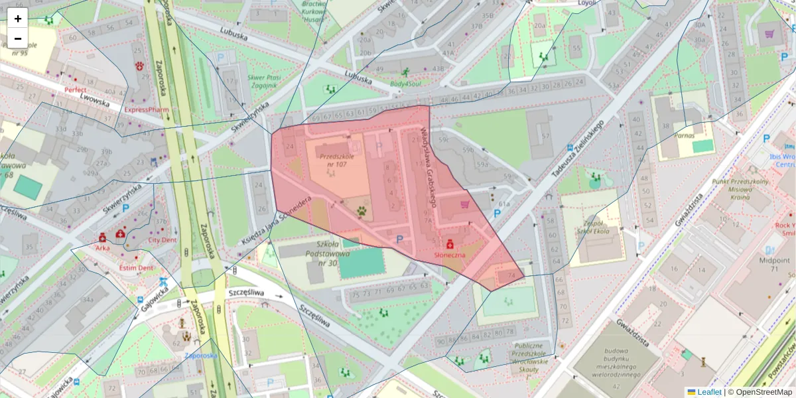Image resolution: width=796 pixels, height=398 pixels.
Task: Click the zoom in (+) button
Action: click(x=18, y=19)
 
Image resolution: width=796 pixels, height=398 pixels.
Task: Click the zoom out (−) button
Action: click(x=18, y=38)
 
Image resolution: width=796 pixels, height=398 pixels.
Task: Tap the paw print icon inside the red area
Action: click(x=362, y=212)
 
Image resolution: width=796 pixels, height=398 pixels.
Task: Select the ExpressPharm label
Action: click(x=147, y=109)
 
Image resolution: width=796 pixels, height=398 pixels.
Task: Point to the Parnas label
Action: click(x=684, y=135)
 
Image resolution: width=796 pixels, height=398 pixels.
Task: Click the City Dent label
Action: click(x=162, y=240)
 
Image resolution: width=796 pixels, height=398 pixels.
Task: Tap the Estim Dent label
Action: click(x=136, y=268)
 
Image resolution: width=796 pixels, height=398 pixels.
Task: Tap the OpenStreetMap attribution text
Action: click(x=760, y=392)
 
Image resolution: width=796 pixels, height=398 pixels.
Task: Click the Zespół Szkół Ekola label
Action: click(x=593, y=228)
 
